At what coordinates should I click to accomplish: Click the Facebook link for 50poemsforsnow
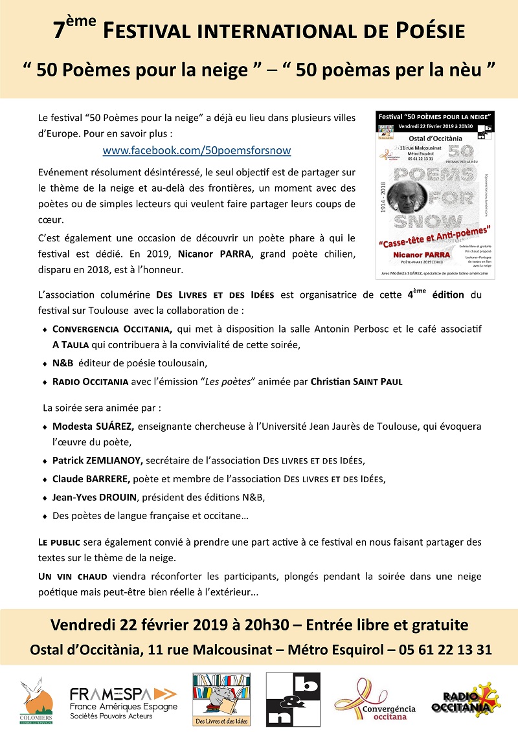tap(197, 150)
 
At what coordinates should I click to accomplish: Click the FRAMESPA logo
tap(123, 702)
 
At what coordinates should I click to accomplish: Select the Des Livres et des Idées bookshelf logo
tap(221, 699)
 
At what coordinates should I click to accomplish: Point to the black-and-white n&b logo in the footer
tap(293, 699)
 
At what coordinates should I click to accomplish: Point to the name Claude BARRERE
tap(91, 479)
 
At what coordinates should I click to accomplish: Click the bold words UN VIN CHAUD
tap(73, 576)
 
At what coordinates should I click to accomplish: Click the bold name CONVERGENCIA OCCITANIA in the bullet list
tap(111, 329)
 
